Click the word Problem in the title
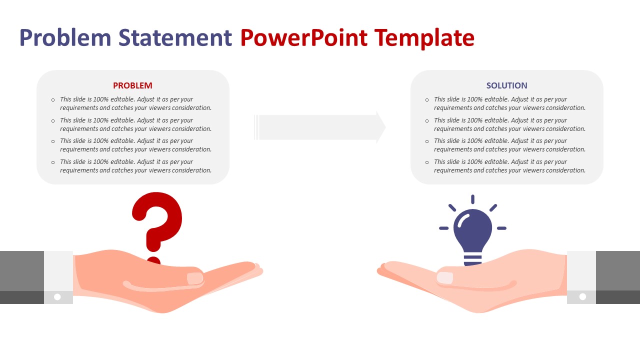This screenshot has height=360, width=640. click(x=65, y=38)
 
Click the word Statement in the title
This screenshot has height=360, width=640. click(x=175, y=38)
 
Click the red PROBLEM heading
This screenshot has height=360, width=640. click(x=132, y=85)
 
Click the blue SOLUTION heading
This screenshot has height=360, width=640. click(x=506, y=85)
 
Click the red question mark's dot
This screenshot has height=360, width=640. click(x=153, y=261)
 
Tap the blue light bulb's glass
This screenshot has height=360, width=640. click(x=472, y=227)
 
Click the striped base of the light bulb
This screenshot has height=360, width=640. click(x=472, y=259)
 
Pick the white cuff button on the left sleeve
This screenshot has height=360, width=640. click(x=57, y=297)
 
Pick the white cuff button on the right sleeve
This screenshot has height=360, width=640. click(x=582, y=297)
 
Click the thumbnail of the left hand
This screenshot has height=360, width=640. click(x=195, y=278)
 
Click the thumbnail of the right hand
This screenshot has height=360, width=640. click(x=444, y=278)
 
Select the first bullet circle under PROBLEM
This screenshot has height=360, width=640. click(x=53, y=100)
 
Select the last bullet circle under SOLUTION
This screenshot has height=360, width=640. click(x=427, y=162)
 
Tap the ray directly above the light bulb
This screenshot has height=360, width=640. click(x=472, y=199)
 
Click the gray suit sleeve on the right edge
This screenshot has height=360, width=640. click(x=618, y=272)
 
